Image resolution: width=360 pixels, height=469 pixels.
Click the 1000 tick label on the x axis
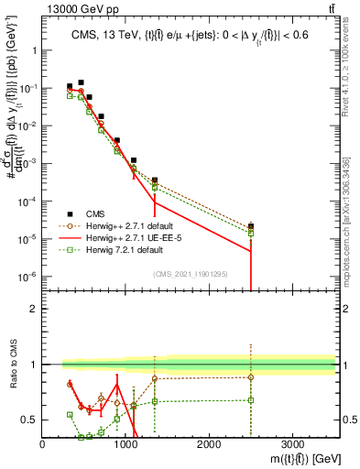[125, 443]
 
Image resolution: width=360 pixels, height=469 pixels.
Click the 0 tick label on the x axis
[43, 443]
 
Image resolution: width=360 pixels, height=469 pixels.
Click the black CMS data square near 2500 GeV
[250, 226]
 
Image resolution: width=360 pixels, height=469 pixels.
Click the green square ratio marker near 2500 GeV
[250, 400]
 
